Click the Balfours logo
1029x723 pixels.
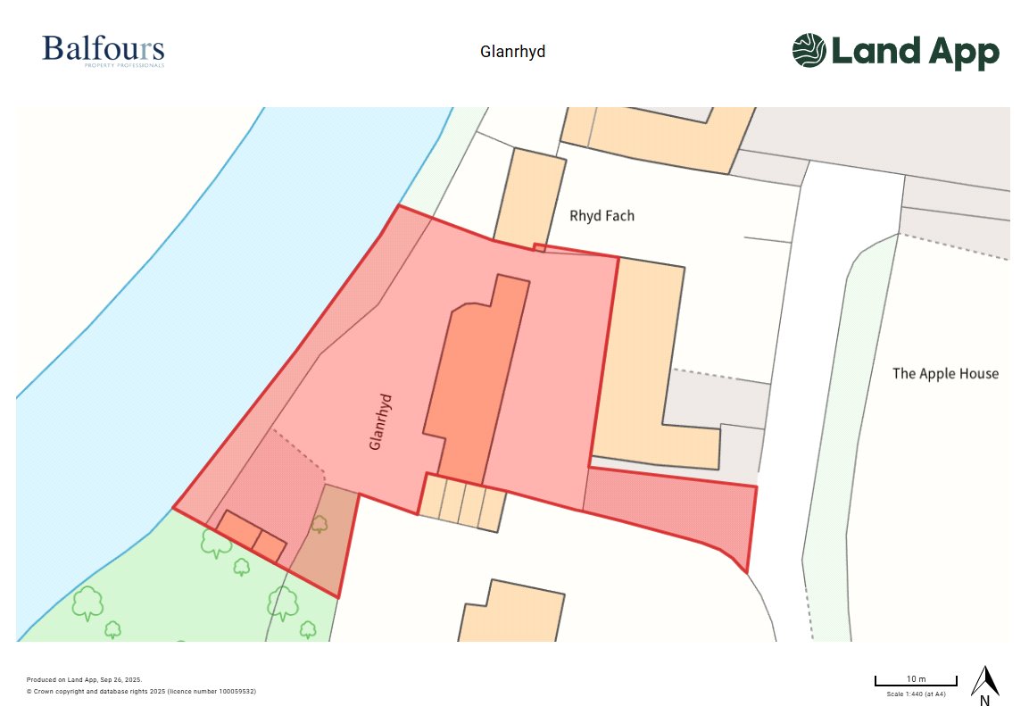(x=103, y=50)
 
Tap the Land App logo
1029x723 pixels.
(x=895, y=51)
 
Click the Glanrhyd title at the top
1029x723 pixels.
(x=512, y=52)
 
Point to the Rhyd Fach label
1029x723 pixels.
(x=602, y=216)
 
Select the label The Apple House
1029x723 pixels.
(x=945, y=373)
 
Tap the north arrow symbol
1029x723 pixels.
(x=984, y=681)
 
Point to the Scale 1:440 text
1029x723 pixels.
(x=916, y=694)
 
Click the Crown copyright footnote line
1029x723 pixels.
(x=141, y=691)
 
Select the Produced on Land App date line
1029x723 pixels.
(x=84, y=679)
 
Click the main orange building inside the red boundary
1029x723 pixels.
(x=473, y=384)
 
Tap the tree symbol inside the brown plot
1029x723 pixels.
(x=319, y=524)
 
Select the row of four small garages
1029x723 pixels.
(x=462, y=502)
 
